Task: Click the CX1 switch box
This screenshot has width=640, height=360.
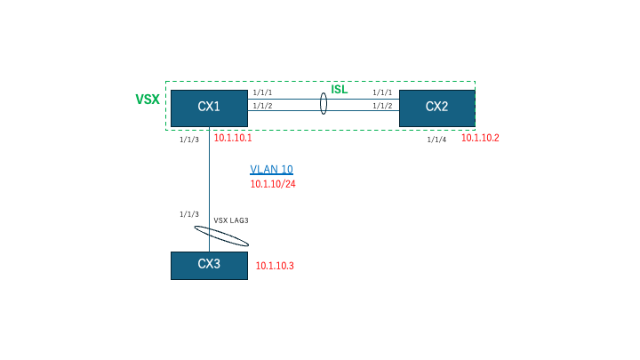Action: tap(209, 108)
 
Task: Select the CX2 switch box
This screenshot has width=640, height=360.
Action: tap(437, 108)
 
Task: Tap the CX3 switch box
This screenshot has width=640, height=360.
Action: tap(209, 266)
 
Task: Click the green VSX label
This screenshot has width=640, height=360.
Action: tap(148, 100)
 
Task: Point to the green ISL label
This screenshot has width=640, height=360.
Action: tap(340, 90)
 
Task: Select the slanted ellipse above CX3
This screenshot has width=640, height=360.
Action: tap(221, 236)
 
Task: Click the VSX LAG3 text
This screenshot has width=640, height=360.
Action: tap(231, 220)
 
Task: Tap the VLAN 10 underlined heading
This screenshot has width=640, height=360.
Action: tap(271, 170)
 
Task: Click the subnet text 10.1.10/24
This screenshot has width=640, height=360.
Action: tap(273, 184)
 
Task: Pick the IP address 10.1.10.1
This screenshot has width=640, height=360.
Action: tap(233, 138)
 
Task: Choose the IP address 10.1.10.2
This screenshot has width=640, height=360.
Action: tap(480, 138)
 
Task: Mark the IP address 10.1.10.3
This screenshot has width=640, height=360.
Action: tap(275, 266)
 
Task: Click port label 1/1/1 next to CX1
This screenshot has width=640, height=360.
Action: tap(262, 92)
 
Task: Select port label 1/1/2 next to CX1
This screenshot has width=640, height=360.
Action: tap(262, 106)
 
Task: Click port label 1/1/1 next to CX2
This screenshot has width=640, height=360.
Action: tap(382, 92)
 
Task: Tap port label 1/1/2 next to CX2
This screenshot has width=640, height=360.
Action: tap(382, 106)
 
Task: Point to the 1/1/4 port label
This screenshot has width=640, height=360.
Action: tap(436, 140)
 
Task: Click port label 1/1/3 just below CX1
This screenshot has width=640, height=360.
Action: tap(189, 140)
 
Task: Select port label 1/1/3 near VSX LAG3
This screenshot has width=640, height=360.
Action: tap(189, 214)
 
